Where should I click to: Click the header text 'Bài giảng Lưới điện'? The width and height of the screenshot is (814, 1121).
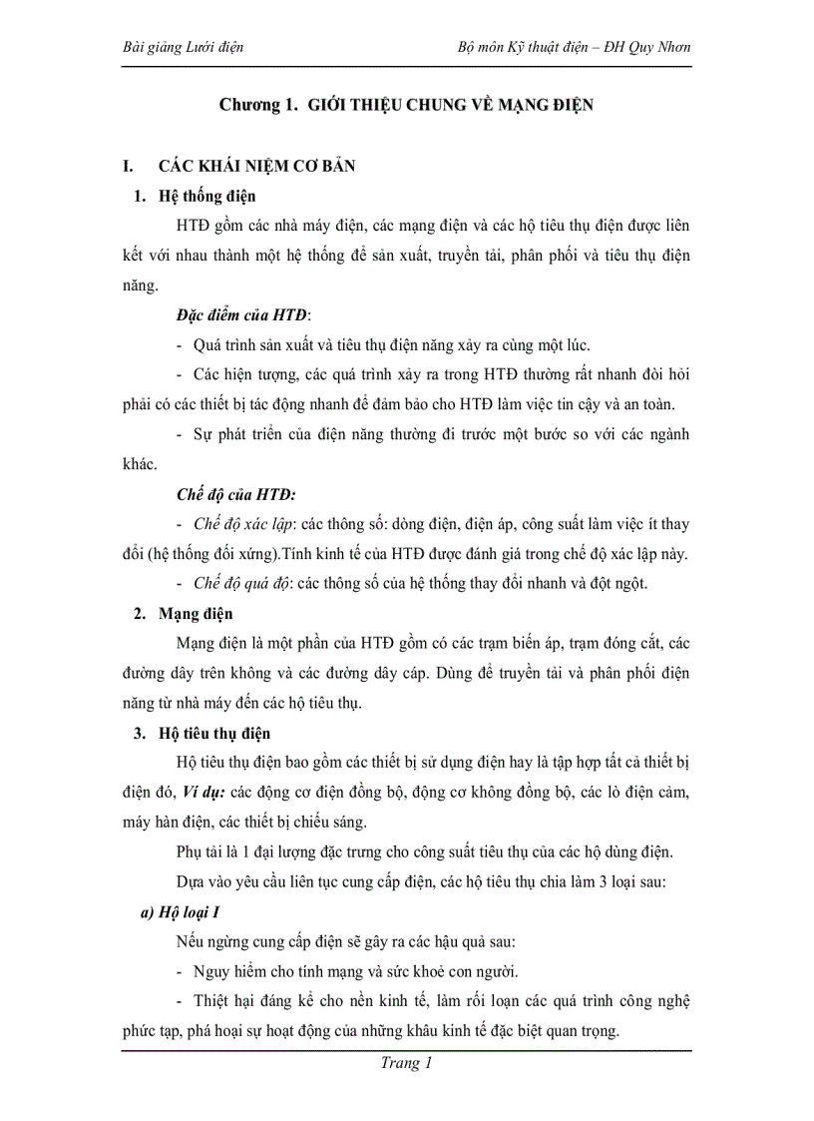pyautogui.click(x=182, y=47)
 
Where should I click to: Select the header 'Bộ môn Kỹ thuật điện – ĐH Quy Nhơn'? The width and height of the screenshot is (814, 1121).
pyautogui.click(x=574, y=47)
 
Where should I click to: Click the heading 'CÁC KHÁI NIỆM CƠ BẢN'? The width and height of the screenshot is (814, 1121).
pyautogui.click(x=257, y=166)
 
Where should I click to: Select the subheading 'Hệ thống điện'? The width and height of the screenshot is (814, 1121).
pyautogui.click(x=206, y=196)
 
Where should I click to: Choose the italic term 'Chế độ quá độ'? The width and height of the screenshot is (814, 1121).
pyautogui.click(x=241, y=584)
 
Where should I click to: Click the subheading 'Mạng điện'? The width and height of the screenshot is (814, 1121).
pyautogui.click(x=196, y=614)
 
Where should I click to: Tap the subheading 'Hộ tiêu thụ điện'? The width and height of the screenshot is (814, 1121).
pyautogui.click(x=214, y=734)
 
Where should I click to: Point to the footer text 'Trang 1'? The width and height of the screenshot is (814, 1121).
pyautogui.click(x=406, y=1063)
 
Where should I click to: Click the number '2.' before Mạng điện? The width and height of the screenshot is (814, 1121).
pyautogui.click(x=141, y=614)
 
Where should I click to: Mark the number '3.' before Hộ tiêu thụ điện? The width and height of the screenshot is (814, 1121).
pyautogui.click(x=141, y=734)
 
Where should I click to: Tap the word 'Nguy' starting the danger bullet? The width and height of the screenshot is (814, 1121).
pyautogui.click(x=209, y=972)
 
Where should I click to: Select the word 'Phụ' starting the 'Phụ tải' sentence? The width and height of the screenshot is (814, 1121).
pyautogui.click(x=190, y=852)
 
